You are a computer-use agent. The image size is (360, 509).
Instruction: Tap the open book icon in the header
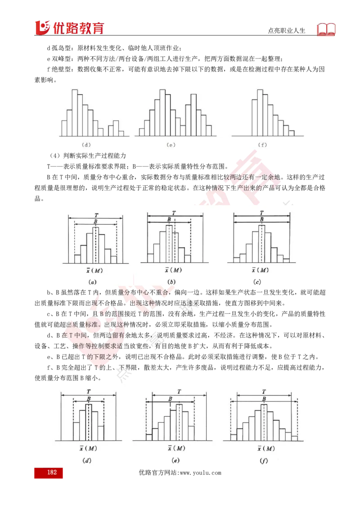click(326, 29)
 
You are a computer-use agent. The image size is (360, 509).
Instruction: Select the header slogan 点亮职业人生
click(287, 31)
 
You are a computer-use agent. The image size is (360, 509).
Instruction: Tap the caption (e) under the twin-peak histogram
click(171, 145)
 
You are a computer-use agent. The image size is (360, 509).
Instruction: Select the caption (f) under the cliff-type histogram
click(262, 145)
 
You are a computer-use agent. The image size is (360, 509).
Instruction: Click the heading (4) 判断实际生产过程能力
click(88, 156)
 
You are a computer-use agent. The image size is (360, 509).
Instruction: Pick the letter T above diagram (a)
click(96, 215)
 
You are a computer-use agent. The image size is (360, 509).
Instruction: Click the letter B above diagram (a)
click(95, 221)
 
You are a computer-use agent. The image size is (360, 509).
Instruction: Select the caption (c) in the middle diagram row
click(257, 282)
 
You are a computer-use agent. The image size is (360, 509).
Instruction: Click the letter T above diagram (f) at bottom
click(264, 392)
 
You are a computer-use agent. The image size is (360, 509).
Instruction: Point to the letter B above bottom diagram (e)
click(170, 399)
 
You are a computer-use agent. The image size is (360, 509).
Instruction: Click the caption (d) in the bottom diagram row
click(87, 460)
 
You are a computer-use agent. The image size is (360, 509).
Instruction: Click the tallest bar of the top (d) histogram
click(75, 113)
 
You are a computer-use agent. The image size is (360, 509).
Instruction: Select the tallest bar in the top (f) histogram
click(260, 113)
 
